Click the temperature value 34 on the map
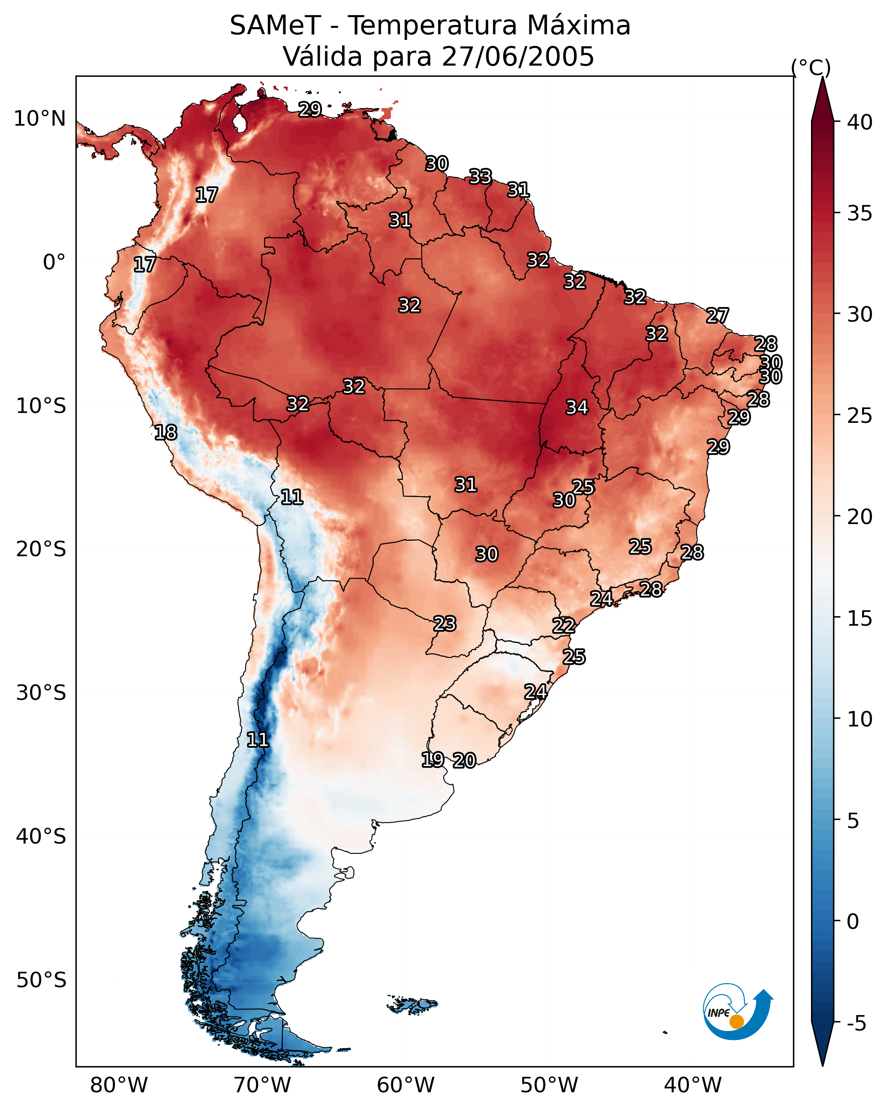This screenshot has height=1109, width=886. point(577,407)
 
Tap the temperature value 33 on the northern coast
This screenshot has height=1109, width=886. point(480,177)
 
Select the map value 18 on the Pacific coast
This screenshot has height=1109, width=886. point(165,433)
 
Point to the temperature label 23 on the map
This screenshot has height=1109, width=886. point(444,624)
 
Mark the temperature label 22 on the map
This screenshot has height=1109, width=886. point(564,626)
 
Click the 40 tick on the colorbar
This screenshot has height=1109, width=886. point(860,122)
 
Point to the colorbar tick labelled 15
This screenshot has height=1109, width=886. point(860,618)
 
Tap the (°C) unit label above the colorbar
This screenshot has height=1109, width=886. point(811,67)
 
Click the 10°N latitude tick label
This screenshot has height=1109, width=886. point(39,119)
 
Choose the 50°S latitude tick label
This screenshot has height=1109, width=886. point(41,980)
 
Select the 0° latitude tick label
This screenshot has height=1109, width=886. point(54,262)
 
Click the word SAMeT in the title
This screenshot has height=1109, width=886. point(275,26)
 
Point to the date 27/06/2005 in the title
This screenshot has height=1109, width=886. point(518,57)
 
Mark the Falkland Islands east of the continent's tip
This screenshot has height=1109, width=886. point(413,1004)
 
